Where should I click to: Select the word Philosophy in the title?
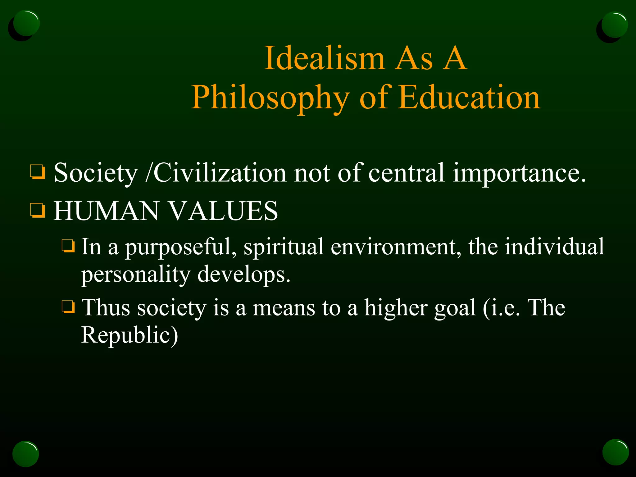(x=270, y=98)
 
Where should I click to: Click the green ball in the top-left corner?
(x=26, y=24)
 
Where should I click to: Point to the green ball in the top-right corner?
(x=614, y=25)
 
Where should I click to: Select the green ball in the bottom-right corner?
(x=616, y=452)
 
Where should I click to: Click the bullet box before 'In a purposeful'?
(x=68, y=246)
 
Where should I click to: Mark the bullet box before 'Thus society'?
(x=68, y=307)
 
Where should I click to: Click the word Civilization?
(x=220, y=173)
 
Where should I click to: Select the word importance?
(x=520, y=173)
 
